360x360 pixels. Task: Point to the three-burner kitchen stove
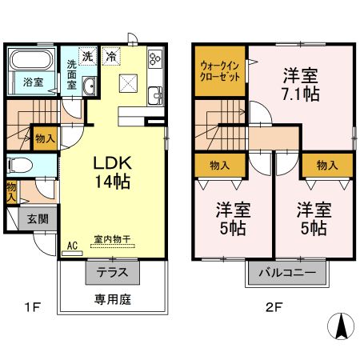pos(154,60)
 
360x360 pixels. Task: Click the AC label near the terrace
pos(71,246)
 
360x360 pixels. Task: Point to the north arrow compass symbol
pos(341,329)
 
